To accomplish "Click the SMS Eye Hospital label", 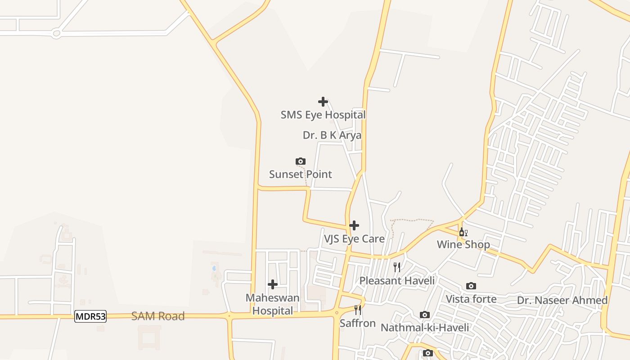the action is coord(323,115).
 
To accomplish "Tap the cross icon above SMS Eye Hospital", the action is coord(323,102).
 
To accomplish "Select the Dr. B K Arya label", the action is coord(332,135).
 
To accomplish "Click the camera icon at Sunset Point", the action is coord(301,162).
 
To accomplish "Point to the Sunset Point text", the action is coord(301,174).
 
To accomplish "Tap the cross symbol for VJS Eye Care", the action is coord(354,225).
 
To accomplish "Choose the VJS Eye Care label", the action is coord(354,238).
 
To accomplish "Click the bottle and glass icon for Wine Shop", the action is coord(463,232).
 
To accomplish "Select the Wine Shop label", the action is coord(463,245).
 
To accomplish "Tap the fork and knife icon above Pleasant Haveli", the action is coord(397,267).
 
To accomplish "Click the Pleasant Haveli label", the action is coord(397,281).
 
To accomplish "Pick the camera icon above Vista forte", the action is coord(471,286).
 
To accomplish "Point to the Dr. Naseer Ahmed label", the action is coord(562,300).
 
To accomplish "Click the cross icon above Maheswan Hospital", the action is coord(272,284).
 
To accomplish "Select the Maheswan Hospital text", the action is coord(272,304).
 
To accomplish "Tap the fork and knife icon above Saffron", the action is coord(358,310).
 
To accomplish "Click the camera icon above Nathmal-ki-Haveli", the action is coord(425,315).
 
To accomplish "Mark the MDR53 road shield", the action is coord(90,316).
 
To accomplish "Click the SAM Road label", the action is coord(158,316).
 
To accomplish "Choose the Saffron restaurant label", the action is coord(358,323).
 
